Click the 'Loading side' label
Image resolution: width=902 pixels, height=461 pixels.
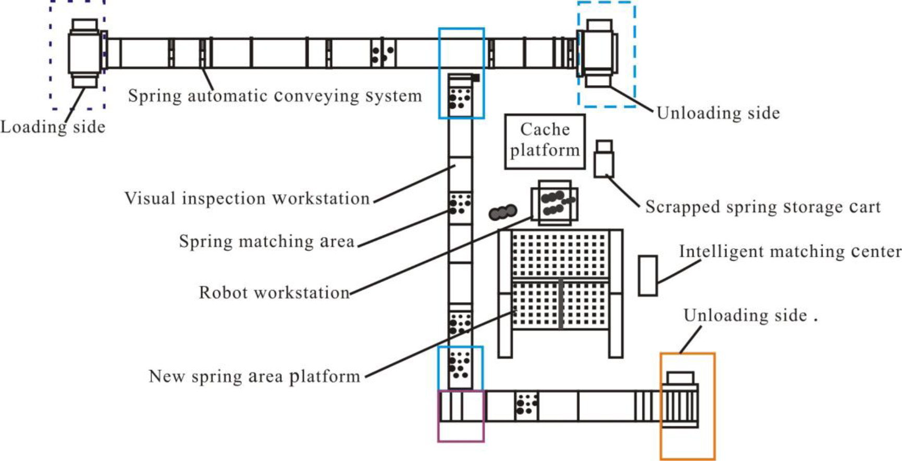click(53, 127)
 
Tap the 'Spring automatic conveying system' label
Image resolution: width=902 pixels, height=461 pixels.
click(275, 96)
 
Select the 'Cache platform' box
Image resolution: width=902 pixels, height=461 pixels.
click(545, 142)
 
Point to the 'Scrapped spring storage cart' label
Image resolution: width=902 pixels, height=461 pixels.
click(763, 207)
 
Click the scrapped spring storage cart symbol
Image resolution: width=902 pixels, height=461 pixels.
click(604, 159)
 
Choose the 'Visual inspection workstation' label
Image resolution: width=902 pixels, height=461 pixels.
click(247, 198)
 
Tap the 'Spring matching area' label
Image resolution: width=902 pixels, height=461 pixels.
click(267, 241)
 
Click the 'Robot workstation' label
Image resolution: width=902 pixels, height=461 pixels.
click(274, 293)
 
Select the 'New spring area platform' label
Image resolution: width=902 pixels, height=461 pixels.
click(254, 376)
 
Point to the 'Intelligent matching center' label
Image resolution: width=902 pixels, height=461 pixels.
click(790, 252)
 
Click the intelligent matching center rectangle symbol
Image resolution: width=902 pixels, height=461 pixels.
click(648, 276)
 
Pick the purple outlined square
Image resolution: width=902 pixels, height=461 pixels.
click(461, 416)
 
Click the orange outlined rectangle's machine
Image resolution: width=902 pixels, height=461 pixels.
click(680, 399)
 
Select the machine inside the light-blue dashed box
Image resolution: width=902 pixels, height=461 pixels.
click(598, 53)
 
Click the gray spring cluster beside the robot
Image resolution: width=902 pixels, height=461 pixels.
click(503, 212)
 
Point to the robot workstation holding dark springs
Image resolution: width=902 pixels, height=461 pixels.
click(554, 203)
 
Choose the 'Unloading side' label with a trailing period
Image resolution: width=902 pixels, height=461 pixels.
click(750, 316)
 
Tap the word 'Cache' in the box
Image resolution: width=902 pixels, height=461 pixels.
click(545, 129)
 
